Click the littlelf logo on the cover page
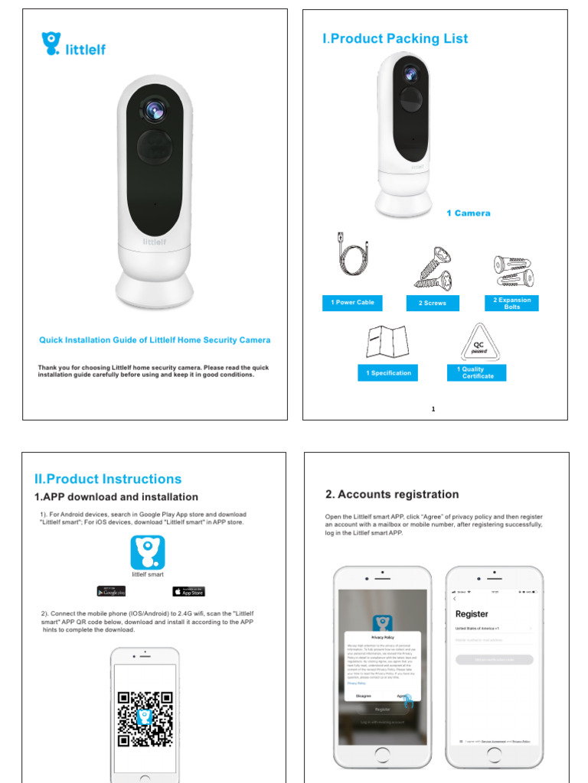[73, 44]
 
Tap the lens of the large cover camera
[154, 109]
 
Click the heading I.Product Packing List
[395, 39]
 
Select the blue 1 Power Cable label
[352, 303]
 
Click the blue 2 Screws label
[432, 303]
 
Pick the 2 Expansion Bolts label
[511, 303]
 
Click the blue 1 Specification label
[388, 373]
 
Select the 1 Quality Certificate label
[475, 373]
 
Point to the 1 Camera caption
[468, 213]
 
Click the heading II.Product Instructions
[108, 479]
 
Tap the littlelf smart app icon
[148, 552]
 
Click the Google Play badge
[112, 591]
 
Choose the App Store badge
[188, 591]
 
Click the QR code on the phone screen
[145, 719]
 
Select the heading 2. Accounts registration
[392, 495]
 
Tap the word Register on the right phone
[471, 614]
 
